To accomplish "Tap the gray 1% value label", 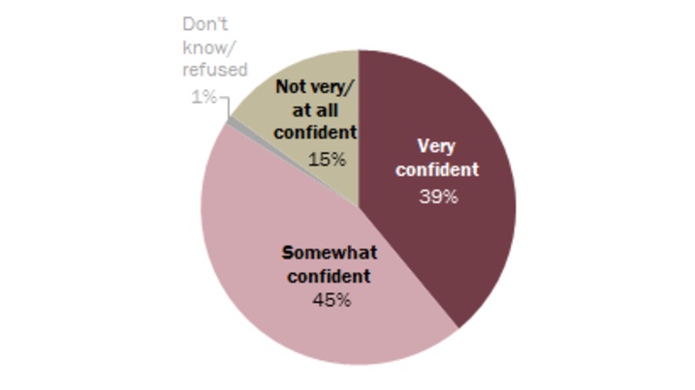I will click(x=203, y=97).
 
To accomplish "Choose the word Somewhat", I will click(x=330, y=253).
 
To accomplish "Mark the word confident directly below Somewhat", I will click(x=330, y=276).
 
